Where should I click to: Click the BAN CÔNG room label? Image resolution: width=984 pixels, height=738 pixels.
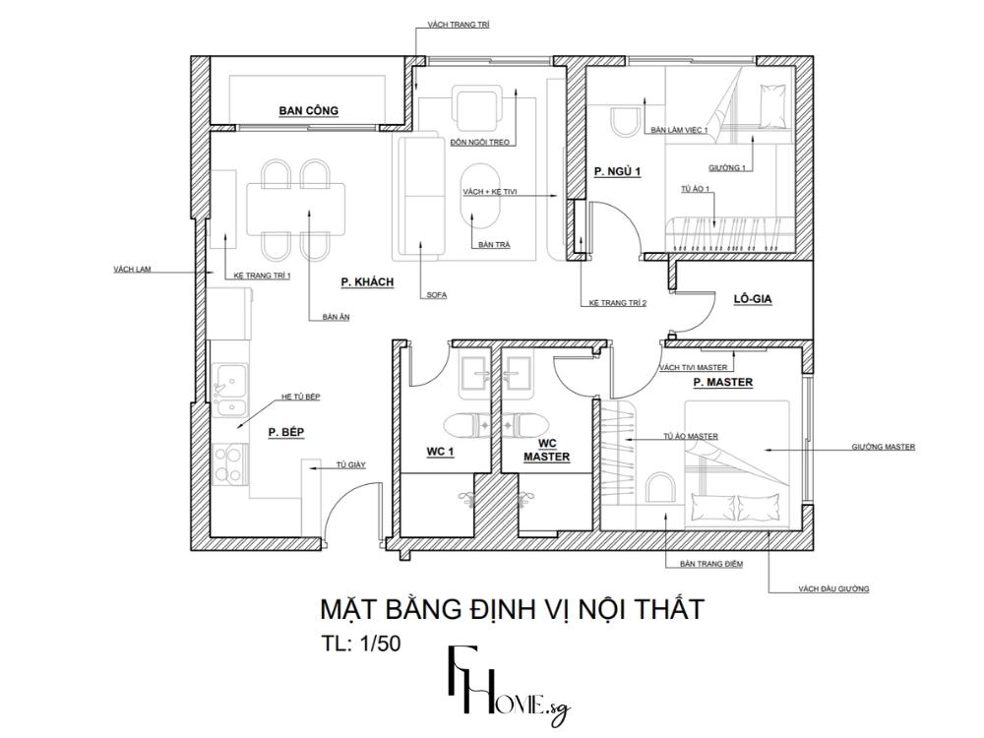(308, 111)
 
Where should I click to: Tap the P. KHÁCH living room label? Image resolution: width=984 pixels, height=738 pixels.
(367, 282)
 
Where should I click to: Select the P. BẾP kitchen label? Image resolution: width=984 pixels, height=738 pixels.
(286, 432)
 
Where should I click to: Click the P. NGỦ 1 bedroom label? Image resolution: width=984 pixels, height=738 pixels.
(617, 172)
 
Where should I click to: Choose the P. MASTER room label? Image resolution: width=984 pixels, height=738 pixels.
(722, 382)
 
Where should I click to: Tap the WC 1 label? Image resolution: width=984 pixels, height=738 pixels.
(440, 452)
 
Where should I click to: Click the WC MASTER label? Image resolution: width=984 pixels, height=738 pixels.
(545, 451)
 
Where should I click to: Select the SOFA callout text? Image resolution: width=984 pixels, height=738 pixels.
(437, 295)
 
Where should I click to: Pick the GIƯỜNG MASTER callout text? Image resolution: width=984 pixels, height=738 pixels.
(883, 447)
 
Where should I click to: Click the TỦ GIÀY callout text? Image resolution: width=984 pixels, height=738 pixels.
(350, 463)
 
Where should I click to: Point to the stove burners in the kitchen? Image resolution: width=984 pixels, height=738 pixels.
(229, 462)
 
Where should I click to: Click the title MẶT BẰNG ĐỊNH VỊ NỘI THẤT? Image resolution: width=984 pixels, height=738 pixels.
(512, 609)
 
